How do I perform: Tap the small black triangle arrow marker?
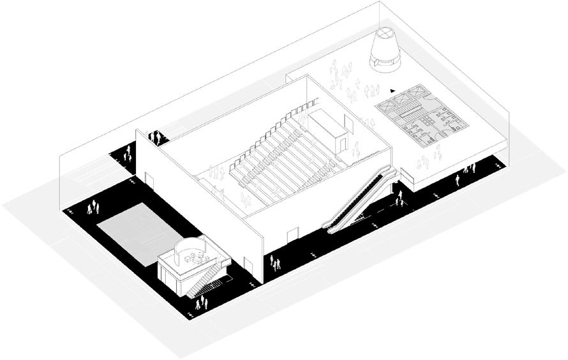[x=394, y=90]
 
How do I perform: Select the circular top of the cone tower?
[x=386, y=32]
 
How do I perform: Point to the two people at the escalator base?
[x=400, y=202]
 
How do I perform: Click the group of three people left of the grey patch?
[x=94, y=207]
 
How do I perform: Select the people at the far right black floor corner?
[x=470, y=169]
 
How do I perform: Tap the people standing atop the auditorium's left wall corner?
[x=155, y=137]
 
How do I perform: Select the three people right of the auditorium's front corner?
[x=274, y=263]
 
